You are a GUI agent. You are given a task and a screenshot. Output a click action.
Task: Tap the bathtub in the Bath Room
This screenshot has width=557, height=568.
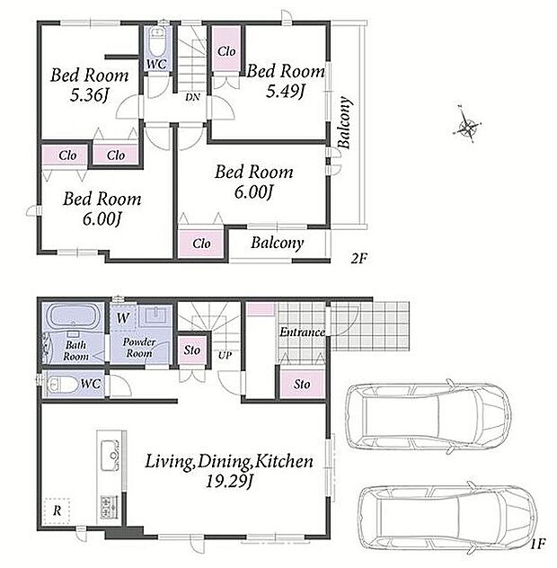(x=74, y=315)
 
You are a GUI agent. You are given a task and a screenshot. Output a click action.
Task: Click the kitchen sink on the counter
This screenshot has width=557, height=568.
(x=111, y=455)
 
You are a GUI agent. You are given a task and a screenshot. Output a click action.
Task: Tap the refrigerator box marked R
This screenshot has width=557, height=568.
(x=57, y=511)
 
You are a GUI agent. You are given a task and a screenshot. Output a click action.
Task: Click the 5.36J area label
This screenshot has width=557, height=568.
(x=90, y=95)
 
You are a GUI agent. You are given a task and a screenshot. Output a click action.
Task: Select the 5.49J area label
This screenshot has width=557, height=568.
(x=286, y=92)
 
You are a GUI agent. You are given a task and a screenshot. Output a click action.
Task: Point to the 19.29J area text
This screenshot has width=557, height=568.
(x=230, y=482)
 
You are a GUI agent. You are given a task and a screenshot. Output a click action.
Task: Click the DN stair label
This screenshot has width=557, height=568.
(x=192, y=97)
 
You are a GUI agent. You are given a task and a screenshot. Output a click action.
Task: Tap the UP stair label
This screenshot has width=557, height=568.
(x=225, y=355)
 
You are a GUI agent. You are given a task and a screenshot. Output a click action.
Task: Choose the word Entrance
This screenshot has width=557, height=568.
(x=302, y=333)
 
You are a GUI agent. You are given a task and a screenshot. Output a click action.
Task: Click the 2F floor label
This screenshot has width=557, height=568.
(x=358, y=258)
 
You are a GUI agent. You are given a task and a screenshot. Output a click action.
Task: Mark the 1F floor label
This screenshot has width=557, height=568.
(x=538, y=544)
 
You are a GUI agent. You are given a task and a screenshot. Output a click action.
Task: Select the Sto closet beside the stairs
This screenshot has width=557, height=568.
(x=192, y=351)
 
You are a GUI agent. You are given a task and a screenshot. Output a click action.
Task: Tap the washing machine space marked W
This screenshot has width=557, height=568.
(x=123, y=317)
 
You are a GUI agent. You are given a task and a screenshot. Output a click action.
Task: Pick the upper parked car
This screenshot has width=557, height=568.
(x=429, y=417)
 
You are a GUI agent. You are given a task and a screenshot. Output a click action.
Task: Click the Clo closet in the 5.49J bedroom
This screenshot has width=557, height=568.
(x=226, y=51)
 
